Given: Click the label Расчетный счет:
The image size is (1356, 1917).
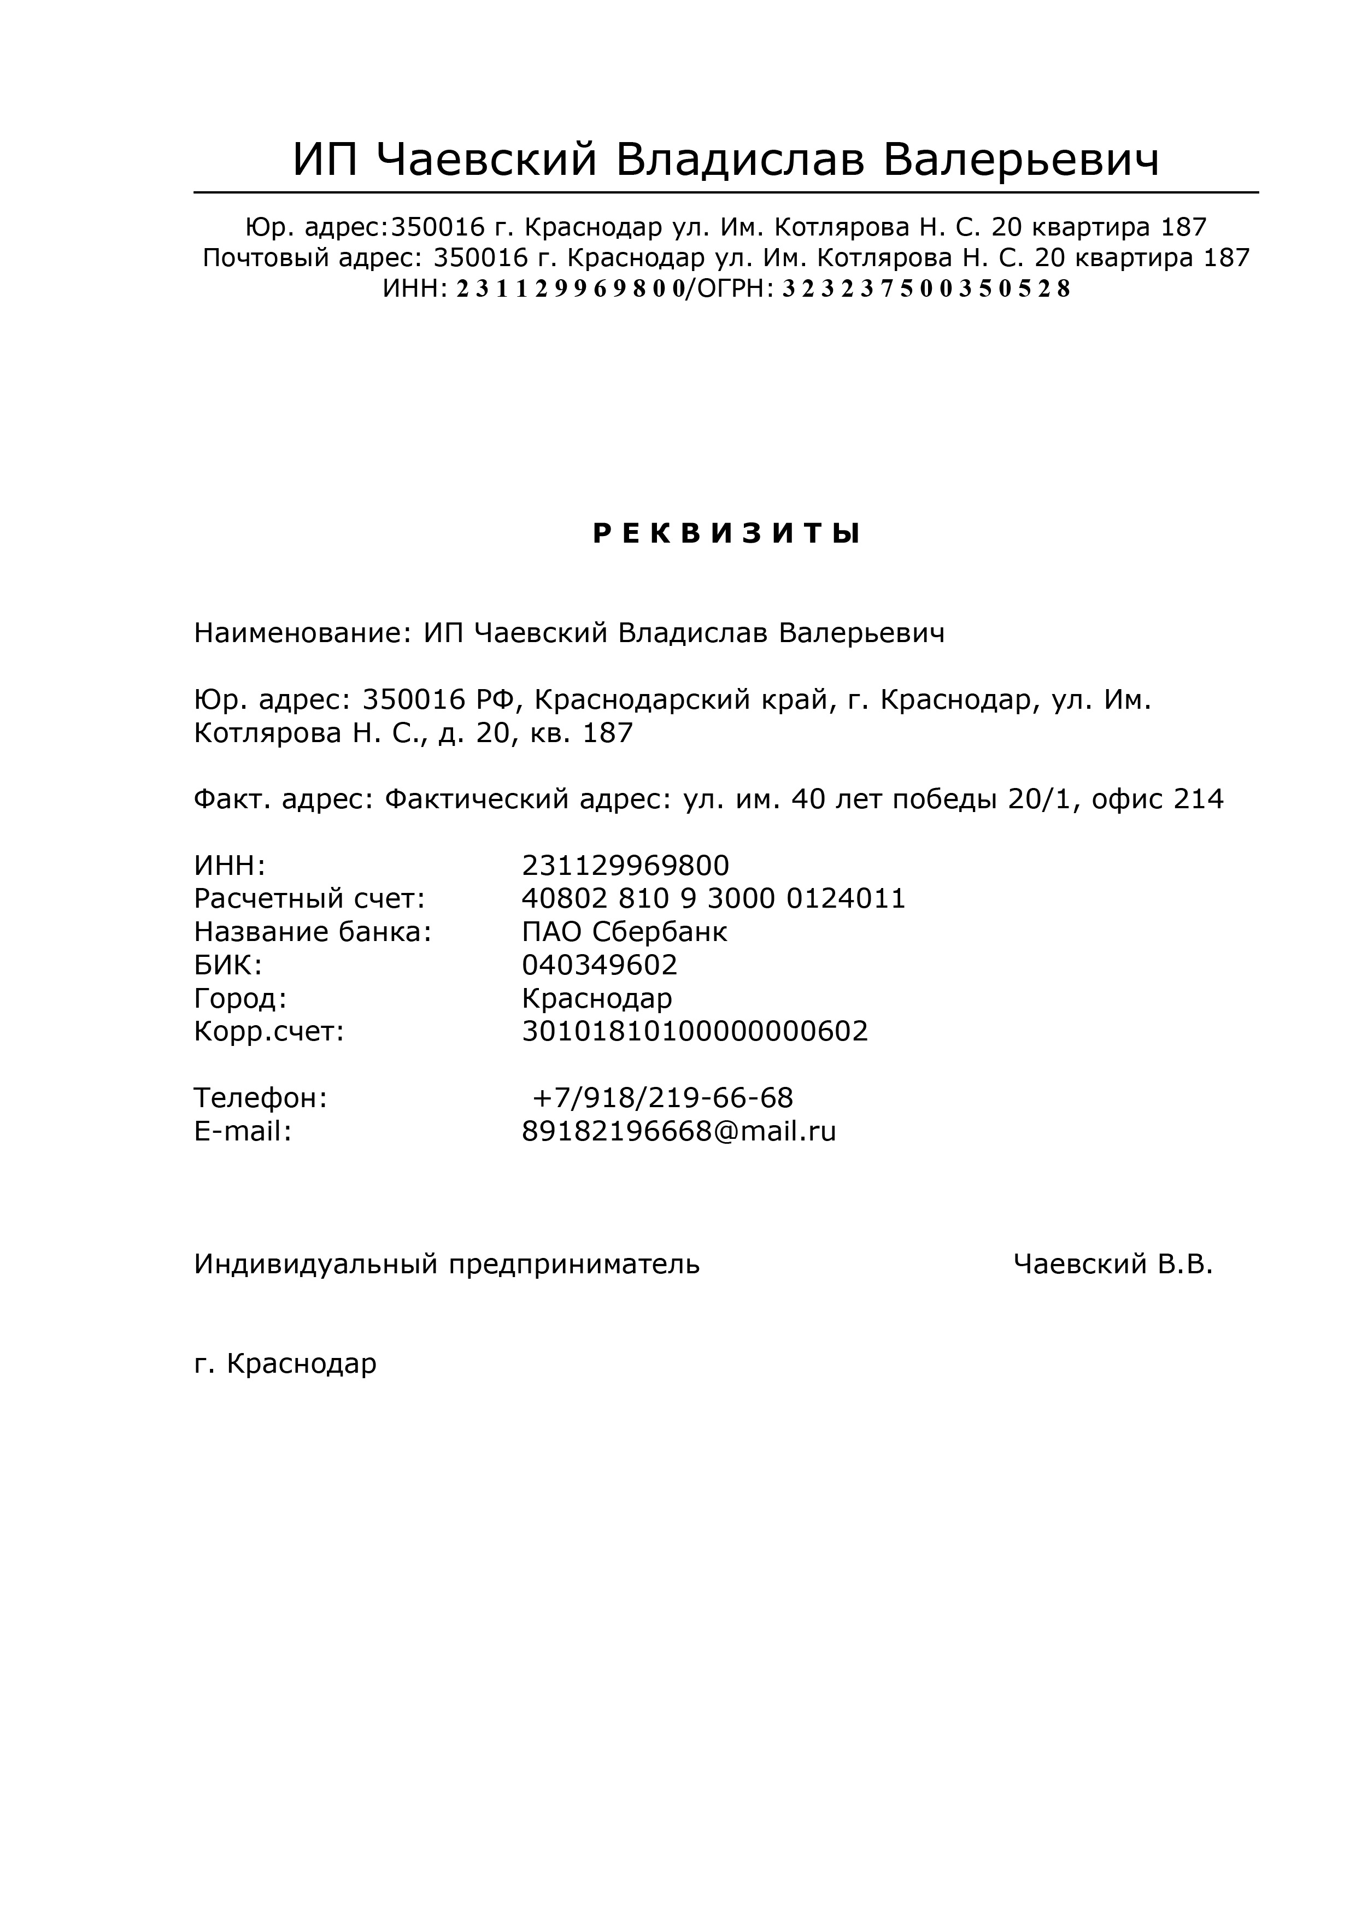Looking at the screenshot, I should pos(310,899).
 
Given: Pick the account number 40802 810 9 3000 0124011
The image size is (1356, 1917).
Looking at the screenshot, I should pos(714,899).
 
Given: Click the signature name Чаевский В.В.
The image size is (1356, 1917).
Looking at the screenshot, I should pos(1113,1265).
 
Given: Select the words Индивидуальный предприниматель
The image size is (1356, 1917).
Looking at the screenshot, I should pos(447,1265).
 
